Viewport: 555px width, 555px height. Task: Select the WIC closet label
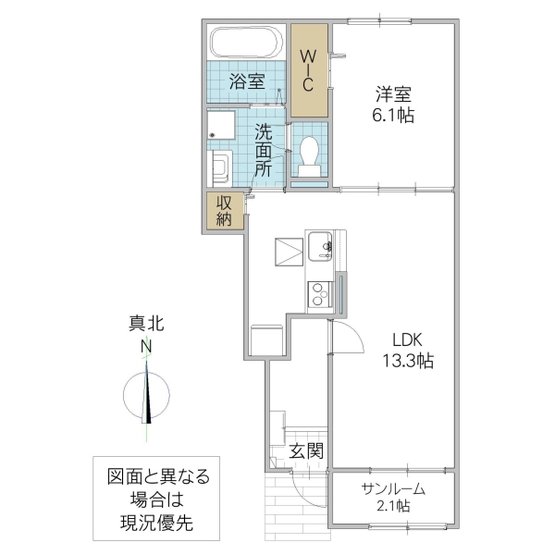pyautogui.click(x=308, y=68)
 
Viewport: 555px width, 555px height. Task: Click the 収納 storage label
pyautogui.click(x=225, y=211)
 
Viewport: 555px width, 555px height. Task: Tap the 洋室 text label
pyautogui.click(x=393, y=94)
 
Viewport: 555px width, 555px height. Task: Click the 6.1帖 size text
pyautogui.click(x=393, y=116)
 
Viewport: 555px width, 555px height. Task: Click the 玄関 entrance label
pyautogui.click(x=306, y=451)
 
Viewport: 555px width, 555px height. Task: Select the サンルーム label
pyautogui.click(x=393, y=488)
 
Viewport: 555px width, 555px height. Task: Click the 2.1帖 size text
pyautogui.click(x=393, y=507)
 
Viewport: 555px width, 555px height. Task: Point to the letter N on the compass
pyautogui.click(x=146, y=347)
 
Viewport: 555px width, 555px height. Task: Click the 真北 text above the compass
pyautogui.click(x=146, y=324)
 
